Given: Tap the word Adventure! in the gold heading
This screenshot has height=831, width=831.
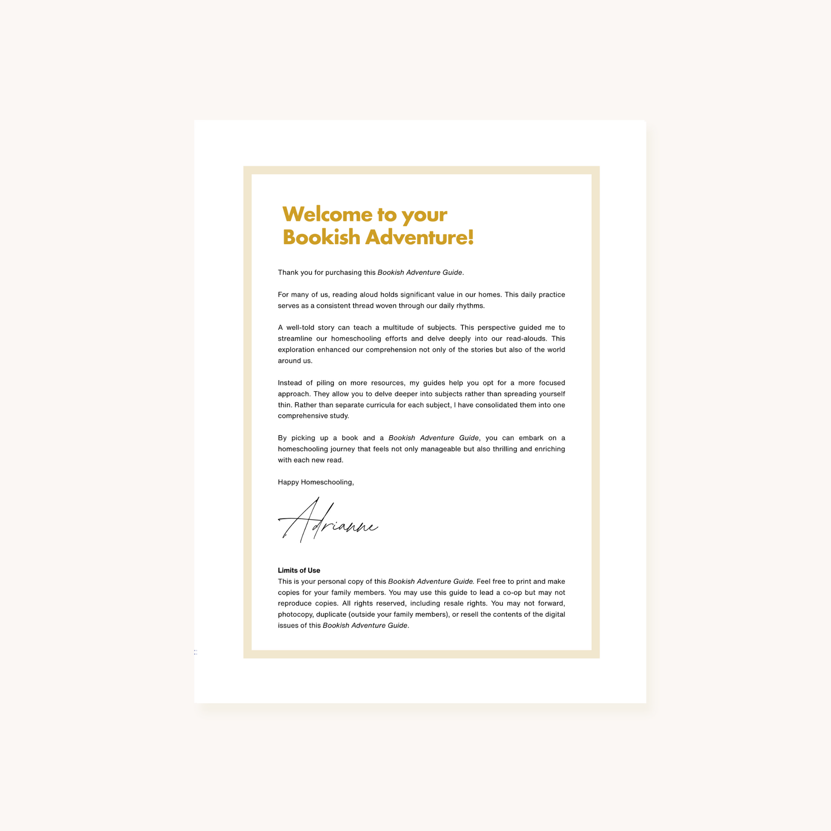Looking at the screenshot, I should (419, 237).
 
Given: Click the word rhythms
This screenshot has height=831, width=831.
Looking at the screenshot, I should (470, 306).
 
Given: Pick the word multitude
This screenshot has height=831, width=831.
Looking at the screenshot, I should (398, 328).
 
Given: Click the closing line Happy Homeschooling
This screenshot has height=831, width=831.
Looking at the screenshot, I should (316, 482).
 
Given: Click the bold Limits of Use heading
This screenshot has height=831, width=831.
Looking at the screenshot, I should (299, 571).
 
